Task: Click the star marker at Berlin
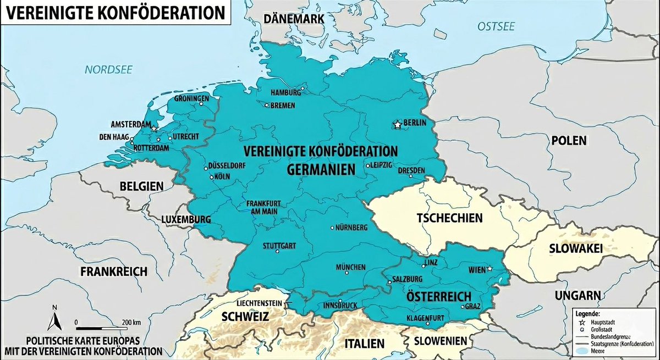point(397,125)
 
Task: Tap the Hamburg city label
point(286,92)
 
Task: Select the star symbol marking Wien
point(490,269)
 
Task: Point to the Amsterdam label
point(131,125)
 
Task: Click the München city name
point(350,267)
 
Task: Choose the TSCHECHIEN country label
point(449,218)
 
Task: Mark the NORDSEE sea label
point(102,69)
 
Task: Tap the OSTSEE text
point(496,26)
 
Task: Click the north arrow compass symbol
point(54,318)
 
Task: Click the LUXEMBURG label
point(186,219)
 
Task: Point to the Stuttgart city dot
point(277,252)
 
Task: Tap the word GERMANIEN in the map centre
point(321,170)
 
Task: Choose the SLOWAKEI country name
point(576,248)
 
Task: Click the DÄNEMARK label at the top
point(294,19)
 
